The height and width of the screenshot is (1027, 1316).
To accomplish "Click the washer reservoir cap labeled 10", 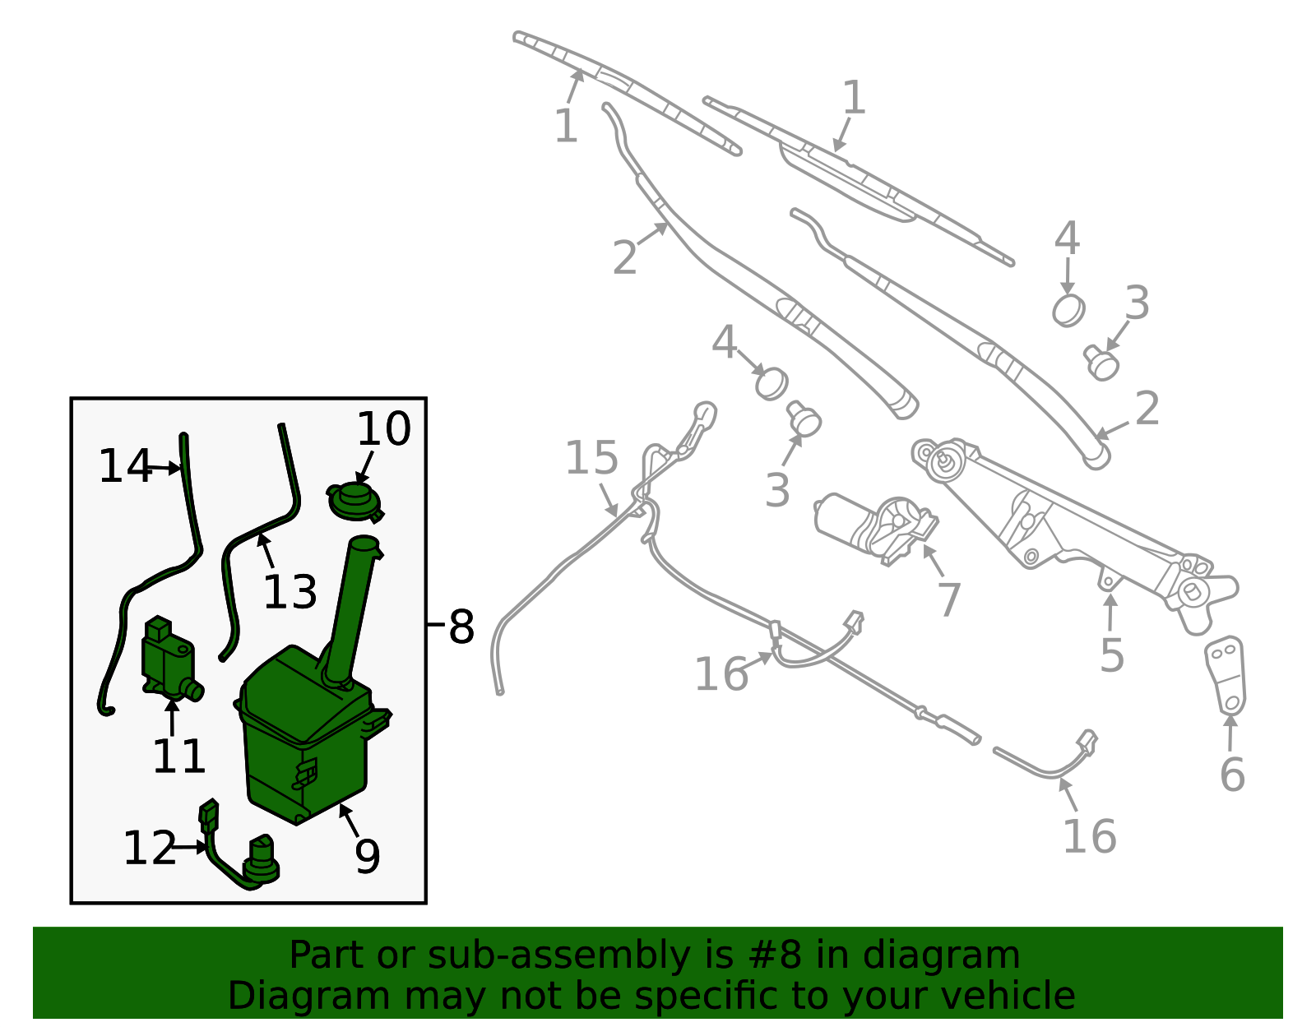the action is click(x=354, y=501).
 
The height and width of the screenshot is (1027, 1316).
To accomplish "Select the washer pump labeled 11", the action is click(x=170, y=660).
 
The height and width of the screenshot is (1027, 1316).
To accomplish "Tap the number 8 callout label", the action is click(x=461, y=627).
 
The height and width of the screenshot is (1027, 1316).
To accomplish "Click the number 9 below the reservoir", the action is click(x=367, y=856).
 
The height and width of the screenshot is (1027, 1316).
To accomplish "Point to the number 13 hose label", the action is click(x=290, y=592).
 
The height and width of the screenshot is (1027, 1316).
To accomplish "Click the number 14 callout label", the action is click(x=125, y=465).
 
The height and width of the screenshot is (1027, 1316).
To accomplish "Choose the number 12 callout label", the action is click(x=149, y=848).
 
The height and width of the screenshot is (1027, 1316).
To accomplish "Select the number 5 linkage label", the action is click(x=1112, y=655).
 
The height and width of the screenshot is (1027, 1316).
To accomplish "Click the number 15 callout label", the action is click(x=591, y=457).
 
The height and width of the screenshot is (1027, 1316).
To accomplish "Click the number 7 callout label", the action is click(x=949, y=599).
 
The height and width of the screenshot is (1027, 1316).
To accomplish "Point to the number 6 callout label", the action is click(x=1232, y=774).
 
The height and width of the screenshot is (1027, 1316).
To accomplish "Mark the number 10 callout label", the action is click(x=384, y=429).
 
